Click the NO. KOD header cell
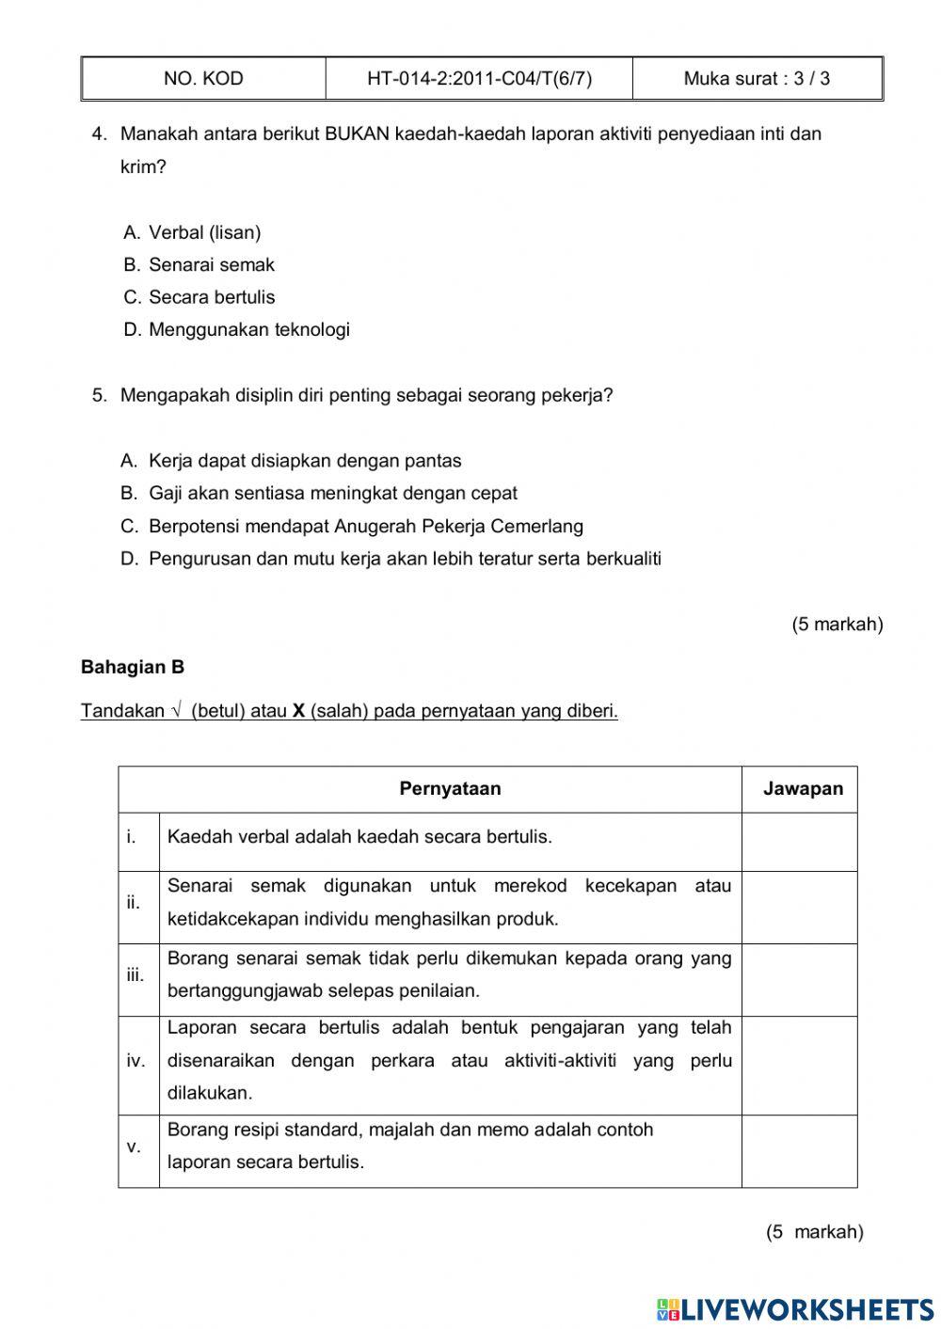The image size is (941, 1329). click(x=203, y=79)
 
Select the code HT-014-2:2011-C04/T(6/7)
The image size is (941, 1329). click(x=479, y=79)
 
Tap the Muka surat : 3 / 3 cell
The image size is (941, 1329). click(x=757, y=79)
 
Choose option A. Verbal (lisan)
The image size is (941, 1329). click(x=193, y=232)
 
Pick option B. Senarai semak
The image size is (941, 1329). click(x=199, y=265)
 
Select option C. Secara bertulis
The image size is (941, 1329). click(x=200, y=297)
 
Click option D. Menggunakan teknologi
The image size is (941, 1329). click(x=237, y=330)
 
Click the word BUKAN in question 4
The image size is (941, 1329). click(x=357, y=134)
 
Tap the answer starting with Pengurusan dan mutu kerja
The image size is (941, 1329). click(x=391, y=559)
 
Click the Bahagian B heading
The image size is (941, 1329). click(x=133, y=668)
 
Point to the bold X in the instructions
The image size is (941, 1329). click(x=298, y=711)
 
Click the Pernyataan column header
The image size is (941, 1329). click(x=450, y=789)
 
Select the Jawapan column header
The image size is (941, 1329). click(x=803, y=789)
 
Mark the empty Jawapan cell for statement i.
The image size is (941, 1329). click(x=799, y=842)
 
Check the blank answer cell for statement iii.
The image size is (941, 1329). click(x=799, y=979)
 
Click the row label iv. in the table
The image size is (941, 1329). click(x=136, y=1061)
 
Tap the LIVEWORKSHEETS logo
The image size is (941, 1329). click(x=795, y=1308)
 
